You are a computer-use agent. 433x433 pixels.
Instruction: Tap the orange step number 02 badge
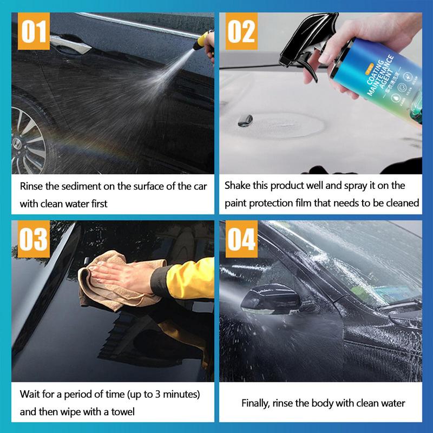point(241,31)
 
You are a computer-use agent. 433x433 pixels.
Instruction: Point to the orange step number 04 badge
point(241,238)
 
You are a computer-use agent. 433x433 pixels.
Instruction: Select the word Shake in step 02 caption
point(238,186)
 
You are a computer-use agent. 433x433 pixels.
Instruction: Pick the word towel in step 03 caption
point(122,411)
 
